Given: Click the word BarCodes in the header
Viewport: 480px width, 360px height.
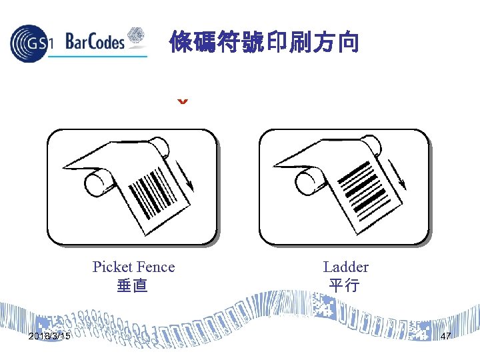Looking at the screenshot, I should click(x=95, y=43).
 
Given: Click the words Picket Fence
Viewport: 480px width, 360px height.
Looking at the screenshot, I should click(x=133, y=267).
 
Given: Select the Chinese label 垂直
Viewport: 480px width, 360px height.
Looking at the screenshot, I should click(x=132, y=286).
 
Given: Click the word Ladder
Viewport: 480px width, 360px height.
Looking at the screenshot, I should click(x=345, y=267).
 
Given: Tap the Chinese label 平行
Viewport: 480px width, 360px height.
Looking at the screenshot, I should click(x=344, y=286).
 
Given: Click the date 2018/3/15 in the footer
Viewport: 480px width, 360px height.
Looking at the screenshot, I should click(x=51, y=336).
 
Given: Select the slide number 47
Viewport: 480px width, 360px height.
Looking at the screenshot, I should click(x=446, y=336).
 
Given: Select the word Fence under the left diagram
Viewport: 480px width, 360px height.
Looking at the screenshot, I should click(x=157, y=267).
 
